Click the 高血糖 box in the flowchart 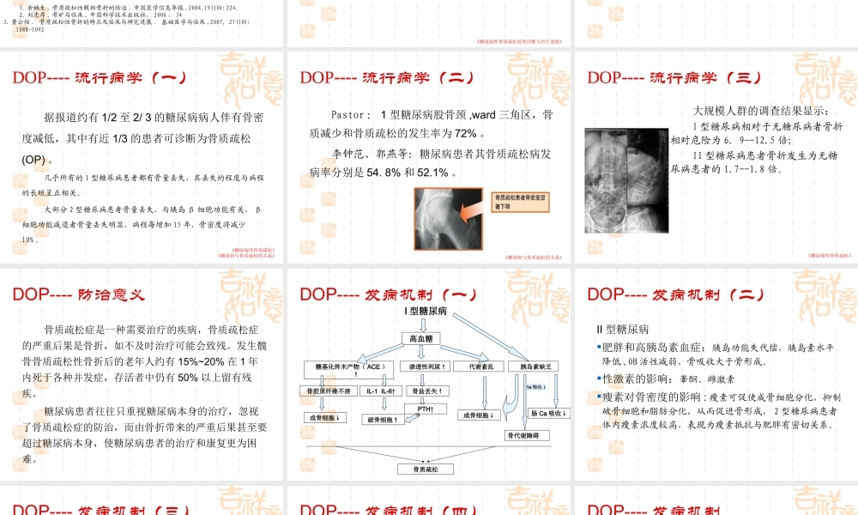point(426,340)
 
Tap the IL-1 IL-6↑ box point(379,391)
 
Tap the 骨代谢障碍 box point(522,435)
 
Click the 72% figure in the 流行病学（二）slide point(466,133)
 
